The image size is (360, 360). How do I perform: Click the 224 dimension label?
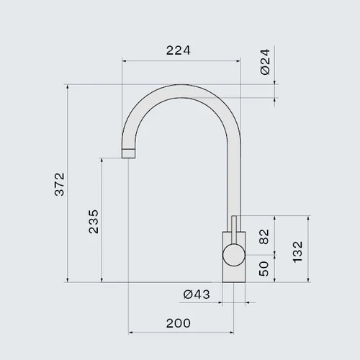[x=179, y=50]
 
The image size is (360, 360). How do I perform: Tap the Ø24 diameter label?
[x=265, y=62]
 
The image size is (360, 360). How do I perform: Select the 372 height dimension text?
[x=60, y=184]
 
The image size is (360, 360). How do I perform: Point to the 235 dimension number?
[x=94, y=222]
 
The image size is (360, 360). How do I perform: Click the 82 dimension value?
[x=264, y=237]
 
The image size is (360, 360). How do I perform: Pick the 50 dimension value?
[x=264, y=269]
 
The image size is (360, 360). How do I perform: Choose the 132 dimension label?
[x=297, y=252]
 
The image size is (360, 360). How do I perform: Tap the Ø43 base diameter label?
[x=197, y=294]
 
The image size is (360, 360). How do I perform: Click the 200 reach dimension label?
[x=179, y=323]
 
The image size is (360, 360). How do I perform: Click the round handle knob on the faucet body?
[x=234, y=255]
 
